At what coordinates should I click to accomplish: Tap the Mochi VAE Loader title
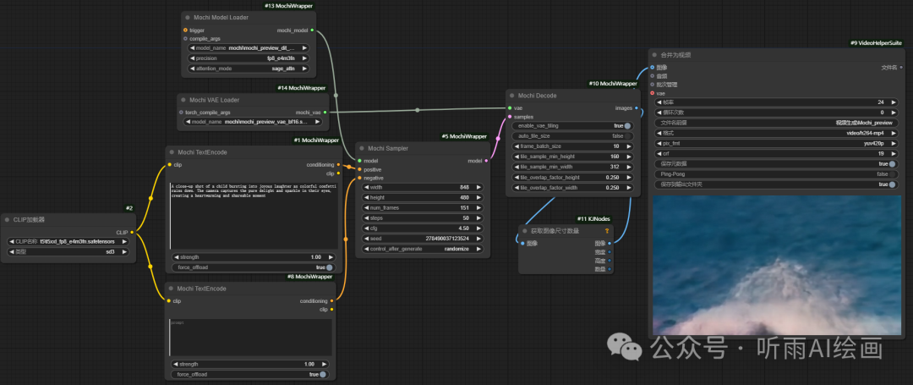(214, 100)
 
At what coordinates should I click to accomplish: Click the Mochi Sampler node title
(388, 148)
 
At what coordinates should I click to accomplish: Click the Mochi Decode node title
(539, 96)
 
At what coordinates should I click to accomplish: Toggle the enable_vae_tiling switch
(628, 125)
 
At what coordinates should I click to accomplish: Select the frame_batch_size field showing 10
(571, 146)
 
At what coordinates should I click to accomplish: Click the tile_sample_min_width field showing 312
(571, 167)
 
